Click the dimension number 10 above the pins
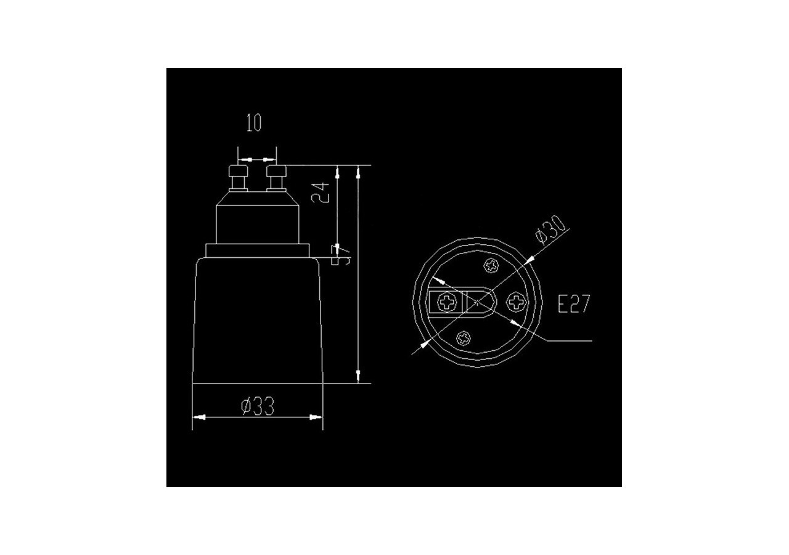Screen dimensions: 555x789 pyautogui.click(x=254, y=123)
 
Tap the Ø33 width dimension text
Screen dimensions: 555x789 pyautogui.click(x=257, y=406)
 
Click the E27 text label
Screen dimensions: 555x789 pyautogui.click(x=573, y=304)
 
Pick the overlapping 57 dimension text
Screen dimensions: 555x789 pyautogui.click(x=341, y=254)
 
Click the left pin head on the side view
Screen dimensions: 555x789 pyautogui.click(x=237, y=170)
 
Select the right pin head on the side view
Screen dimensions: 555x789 pyautogui.click(x=274, y=170)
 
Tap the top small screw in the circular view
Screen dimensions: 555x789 pyautogui.click(x=491, y=266)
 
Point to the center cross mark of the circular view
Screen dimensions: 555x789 pyautogui.click(x=478, y=302)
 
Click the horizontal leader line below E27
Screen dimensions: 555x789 pyautogui.click(x=567, y=340)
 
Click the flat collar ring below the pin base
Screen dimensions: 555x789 pyautogui.click(x=256, y=250)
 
